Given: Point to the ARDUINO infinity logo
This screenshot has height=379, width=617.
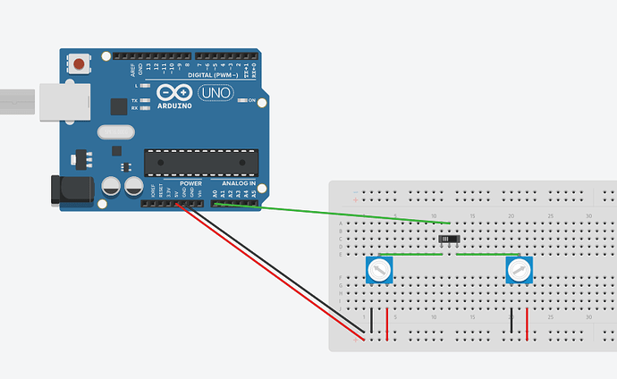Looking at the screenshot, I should click(173, 94).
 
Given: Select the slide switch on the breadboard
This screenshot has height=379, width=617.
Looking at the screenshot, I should click(450, 240).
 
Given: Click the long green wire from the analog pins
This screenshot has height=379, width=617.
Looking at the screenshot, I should click(358, 215).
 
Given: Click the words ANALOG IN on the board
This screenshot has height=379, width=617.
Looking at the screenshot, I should click(239, 184).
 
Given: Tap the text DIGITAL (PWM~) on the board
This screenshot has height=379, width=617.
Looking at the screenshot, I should click(213, 76).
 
